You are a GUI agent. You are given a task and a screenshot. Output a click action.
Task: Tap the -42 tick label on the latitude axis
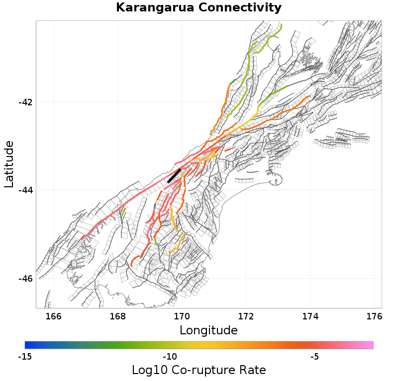[x=25, y=102]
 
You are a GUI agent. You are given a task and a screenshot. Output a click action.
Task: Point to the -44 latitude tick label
[x=25, y=190]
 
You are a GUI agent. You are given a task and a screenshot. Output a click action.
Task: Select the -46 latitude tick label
[x=25, y=278]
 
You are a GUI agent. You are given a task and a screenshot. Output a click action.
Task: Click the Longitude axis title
[x=208, y=330]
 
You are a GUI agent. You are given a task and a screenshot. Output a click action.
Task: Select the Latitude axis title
[x=9, y=164]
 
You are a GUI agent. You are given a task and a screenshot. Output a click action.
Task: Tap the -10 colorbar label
[x=170, y=357]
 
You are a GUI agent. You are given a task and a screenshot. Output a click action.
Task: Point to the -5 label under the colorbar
[x=315, y=357]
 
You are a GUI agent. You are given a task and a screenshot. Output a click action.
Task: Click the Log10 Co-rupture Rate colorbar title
[x=199, y=370]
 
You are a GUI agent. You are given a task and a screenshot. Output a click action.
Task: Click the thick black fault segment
[x=174, y=176]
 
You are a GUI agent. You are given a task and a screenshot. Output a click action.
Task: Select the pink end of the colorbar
[x=370, y=345]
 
